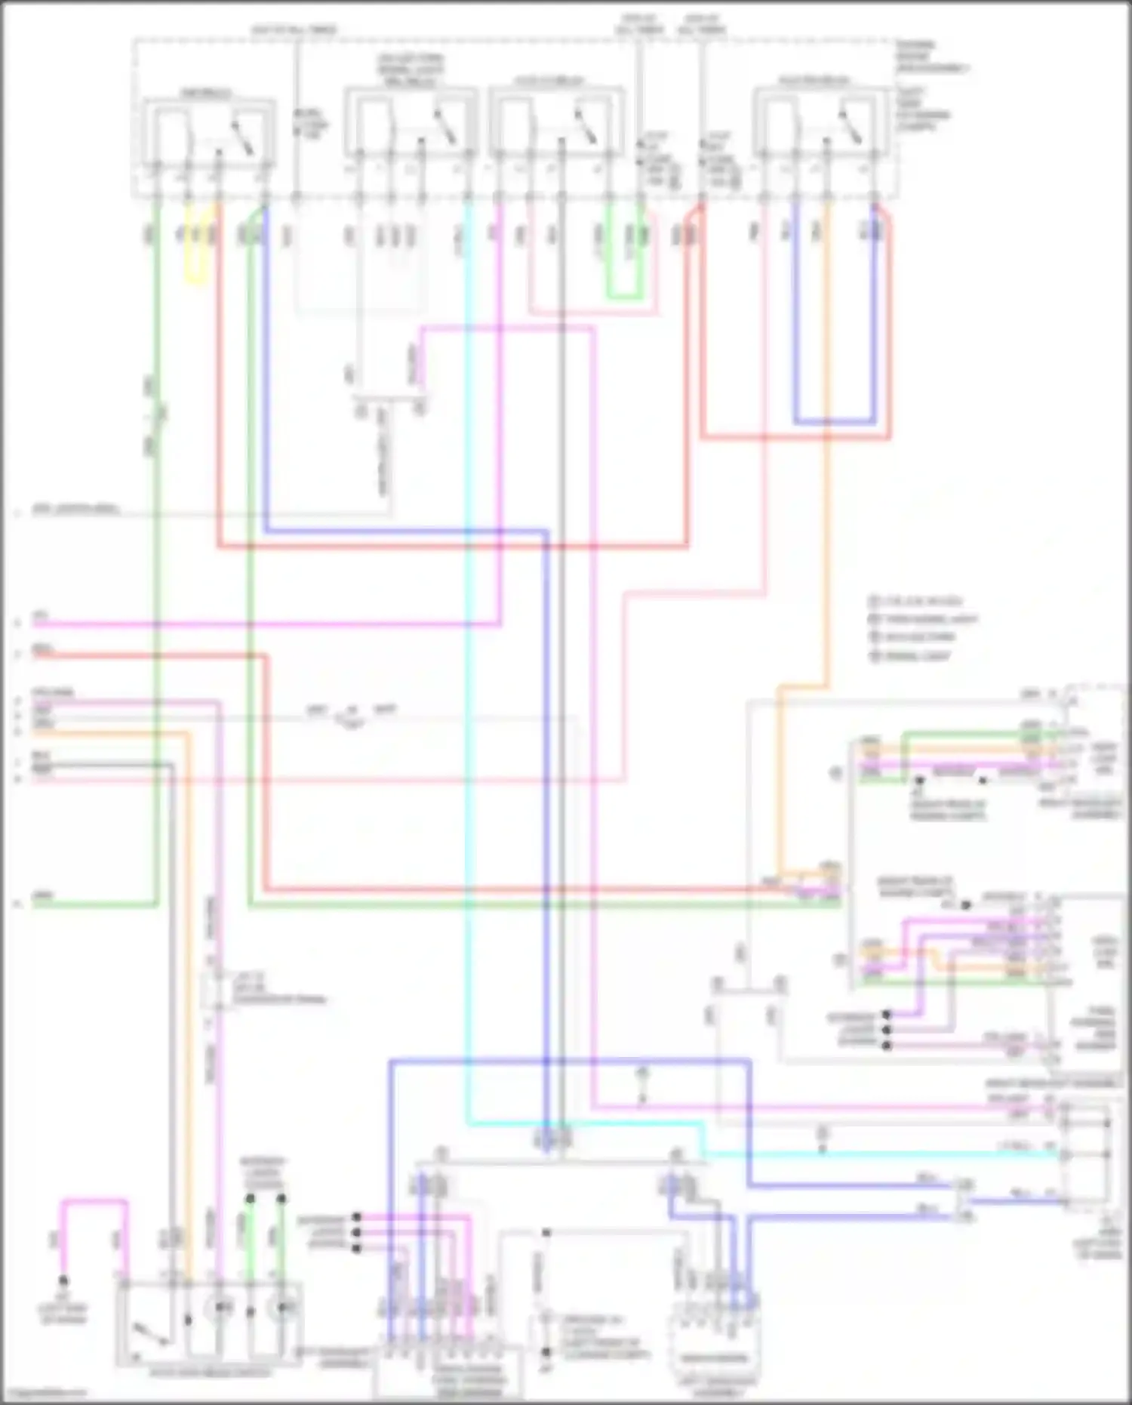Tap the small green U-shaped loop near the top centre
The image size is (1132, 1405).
pyautogui.click(x=625, y=295)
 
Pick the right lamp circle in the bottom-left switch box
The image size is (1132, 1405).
pyautogui.click(x=283, y=1307)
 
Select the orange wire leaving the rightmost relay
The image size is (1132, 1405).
pyautogui.click(x=827, y=453)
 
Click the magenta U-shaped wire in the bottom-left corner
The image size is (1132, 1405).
pyautogui.click(x=94, y=1200)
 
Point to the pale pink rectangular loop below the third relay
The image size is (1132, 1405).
pyautogui.click(x=592, y=311)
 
